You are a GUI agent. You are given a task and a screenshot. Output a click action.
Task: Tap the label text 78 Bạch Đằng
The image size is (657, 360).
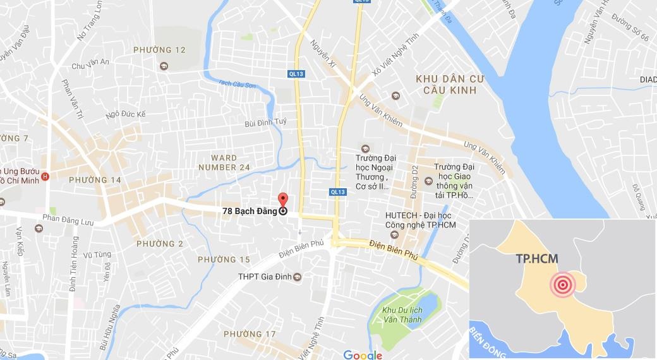[x=250, y=212]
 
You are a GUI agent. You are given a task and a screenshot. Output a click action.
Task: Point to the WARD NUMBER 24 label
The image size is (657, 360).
[x=224, y=162]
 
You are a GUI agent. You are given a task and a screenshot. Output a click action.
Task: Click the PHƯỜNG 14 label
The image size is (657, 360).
[x=95, y=180]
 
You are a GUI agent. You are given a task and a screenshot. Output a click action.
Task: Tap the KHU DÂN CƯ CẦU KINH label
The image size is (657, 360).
[x=445, y=85]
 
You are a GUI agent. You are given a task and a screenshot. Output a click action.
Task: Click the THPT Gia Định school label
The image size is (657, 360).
[x=266, y=277]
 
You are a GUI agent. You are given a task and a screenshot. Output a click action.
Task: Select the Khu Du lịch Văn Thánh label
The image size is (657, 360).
[x=402, y=315]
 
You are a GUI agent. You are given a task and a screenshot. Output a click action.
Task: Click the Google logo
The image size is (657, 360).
[x=363, y=355]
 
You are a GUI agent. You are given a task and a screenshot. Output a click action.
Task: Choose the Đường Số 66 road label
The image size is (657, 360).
[x=632, y=32]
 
